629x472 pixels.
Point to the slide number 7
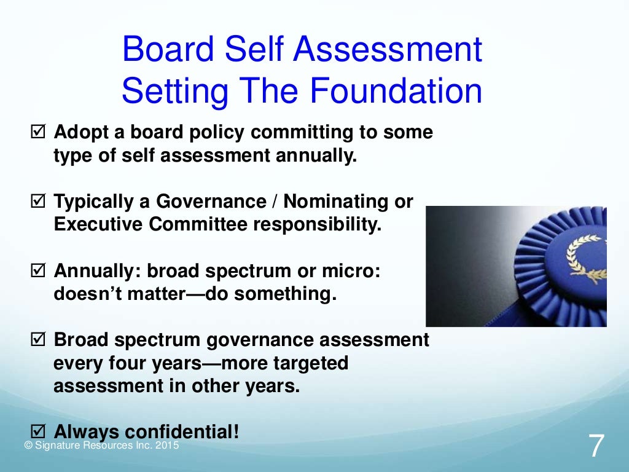(595, 446)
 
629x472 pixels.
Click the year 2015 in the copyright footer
(168, 446)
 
